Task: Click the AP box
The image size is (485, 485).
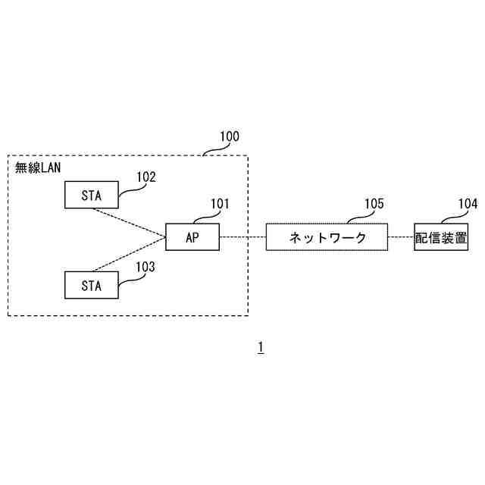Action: click(x=192, y=237)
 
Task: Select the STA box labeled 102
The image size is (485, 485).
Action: click(x=91, y=195)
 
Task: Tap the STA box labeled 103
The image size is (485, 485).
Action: click(x=91, y=285)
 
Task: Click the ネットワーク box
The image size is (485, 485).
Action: click(x=327, y=237)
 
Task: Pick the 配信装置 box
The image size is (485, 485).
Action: click(x=440, y=237)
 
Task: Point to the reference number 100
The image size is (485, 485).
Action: click(x=229, y=137)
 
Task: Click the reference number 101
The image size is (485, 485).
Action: click(x=220, y=203)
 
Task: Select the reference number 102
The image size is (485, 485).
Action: click(x=146, y=177)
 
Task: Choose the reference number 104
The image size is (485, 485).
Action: click(x=468, y=203)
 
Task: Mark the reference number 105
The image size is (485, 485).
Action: click(x=374, y=203)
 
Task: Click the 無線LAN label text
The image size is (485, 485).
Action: click(x=37, y=167)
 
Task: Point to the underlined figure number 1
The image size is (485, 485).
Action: click(x=260, y=347)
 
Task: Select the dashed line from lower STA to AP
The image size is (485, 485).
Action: click(x=129, y=255)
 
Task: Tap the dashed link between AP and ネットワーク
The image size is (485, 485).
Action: click(x=242, y=237)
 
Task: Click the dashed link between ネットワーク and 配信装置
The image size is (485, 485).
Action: click(x=401, y=237)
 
